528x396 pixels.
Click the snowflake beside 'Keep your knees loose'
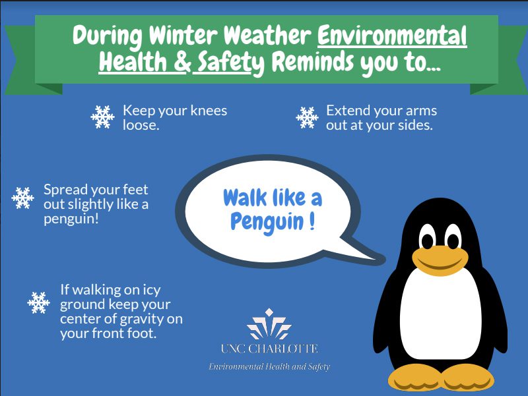click(102, 117)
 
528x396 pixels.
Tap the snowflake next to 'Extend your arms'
click(307, 117)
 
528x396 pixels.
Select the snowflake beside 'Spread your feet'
click(22, 198)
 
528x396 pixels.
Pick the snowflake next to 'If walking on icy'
click(39, 302)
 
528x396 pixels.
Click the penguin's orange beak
click(441, 259)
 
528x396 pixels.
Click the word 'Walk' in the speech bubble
click(246, 197)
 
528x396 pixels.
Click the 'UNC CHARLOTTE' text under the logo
click(269, 349)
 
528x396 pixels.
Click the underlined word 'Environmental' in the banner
click(392, 36)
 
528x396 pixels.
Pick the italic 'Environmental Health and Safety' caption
click(269, 366)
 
